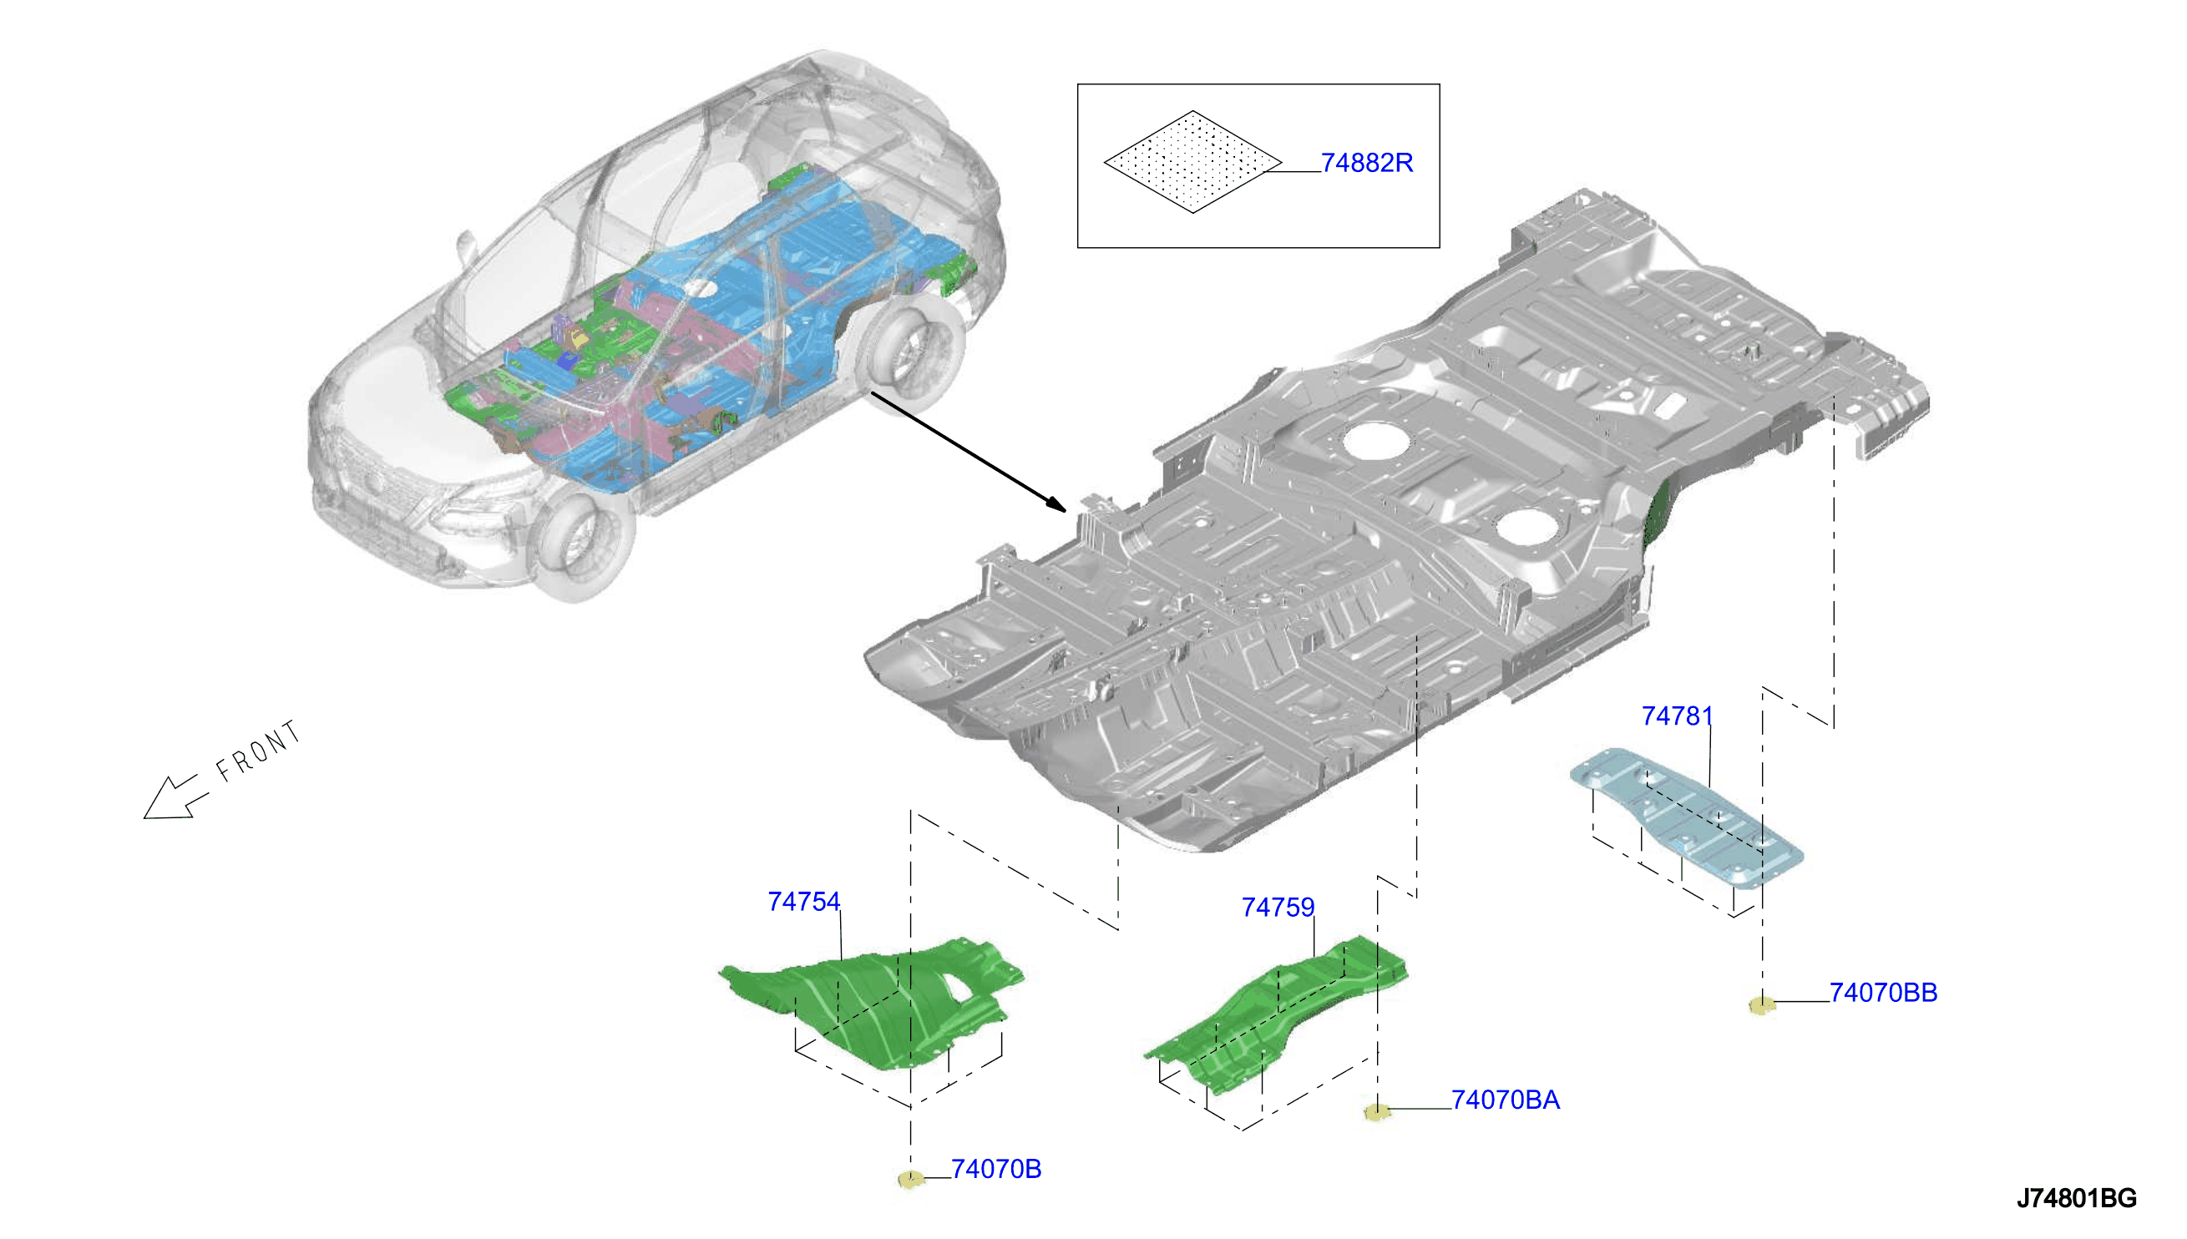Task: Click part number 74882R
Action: (1366, 163)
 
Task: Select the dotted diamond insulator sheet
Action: (1192, 162)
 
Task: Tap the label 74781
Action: (1676, 716)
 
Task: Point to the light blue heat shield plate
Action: (1686, 817)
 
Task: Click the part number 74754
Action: (803, 901)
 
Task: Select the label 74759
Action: (1278, 907)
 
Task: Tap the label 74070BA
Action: (1505, 1100)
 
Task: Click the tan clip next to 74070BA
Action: (1376, 1111)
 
